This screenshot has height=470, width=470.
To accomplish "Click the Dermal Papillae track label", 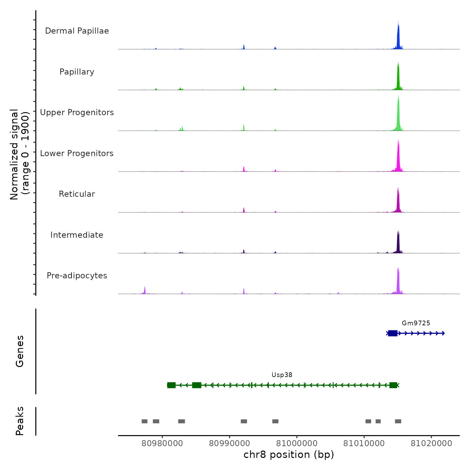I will click(77, 31).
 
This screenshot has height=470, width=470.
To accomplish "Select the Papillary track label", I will click(77, 72).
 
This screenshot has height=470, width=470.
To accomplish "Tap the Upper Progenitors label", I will click(77, 112).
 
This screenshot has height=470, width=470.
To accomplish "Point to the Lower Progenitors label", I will click(77, 153).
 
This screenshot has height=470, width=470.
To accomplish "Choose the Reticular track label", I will click(77, 194).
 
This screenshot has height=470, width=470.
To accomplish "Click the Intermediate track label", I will click(77, 235).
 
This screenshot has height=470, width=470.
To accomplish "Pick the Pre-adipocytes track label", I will click(77, 276).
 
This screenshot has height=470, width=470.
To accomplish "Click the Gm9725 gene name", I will click(416, 323).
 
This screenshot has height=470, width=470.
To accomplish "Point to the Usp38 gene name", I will click(282, 375).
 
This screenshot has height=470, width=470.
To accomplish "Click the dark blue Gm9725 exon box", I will click(393, 333).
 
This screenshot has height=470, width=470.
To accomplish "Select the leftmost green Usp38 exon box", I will click(171, 385).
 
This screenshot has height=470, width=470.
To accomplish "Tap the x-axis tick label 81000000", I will click(297, 443).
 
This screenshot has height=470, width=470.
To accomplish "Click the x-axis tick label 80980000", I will click(162, 443).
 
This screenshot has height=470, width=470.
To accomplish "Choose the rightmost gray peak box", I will click(398, 421).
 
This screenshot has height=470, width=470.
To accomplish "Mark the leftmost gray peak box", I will click(144, 421).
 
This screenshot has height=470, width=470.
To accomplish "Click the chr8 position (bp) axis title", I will click(289, 455).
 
